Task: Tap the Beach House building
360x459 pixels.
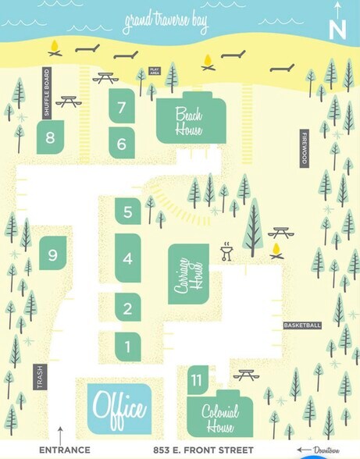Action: [x=189, y=119]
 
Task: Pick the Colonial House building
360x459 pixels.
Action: [x=219, y=418]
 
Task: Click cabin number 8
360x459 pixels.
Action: [x=50, y=139]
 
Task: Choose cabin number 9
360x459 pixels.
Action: [x=52, y=254]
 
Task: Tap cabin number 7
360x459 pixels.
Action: [x=122, y=109]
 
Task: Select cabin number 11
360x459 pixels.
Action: [x=197, y=379]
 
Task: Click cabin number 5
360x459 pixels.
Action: [x=127, y=211]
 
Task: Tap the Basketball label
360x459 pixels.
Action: [x=302, y=325]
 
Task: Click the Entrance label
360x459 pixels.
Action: [x=64, y=450]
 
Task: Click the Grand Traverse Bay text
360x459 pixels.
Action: [x=165, y=24]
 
